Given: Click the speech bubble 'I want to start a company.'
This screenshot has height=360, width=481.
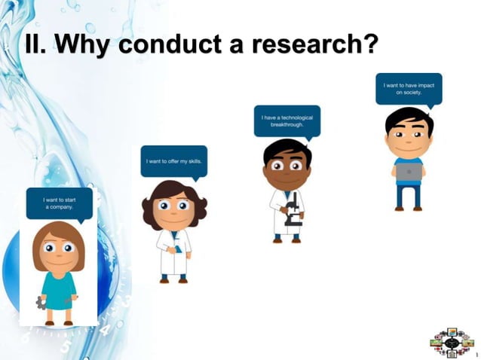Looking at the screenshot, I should click(x=59, y=202).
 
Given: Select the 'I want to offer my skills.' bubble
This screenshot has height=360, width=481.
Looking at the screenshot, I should click(x=173, y=160).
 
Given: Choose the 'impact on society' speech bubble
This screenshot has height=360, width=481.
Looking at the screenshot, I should click(x=409, y=88).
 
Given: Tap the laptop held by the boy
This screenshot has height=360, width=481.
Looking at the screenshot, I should click(x=409, y=172).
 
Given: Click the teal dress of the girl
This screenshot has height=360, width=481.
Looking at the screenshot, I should click(x=58, y=287).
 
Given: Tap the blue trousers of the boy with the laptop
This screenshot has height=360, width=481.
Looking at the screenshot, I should click(x=409, y=196).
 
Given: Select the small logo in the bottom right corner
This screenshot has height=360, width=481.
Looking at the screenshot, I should click(x=451, y=343).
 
